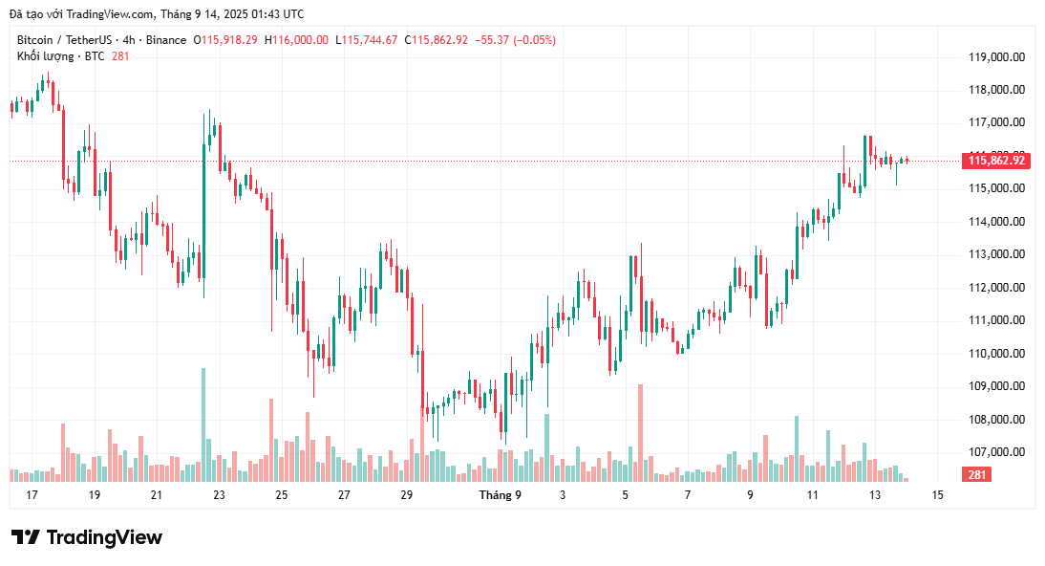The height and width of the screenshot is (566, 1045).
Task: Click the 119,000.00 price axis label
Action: pos(996,56)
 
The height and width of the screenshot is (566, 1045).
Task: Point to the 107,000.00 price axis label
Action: pos(996,452)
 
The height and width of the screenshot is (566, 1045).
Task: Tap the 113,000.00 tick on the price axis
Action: pos(996,254)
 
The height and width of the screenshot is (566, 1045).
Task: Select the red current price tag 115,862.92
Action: pos(996,161)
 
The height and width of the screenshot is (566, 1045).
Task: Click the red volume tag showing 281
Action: pos(976,475)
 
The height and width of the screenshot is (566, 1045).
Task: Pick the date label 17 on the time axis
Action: pos(32,495)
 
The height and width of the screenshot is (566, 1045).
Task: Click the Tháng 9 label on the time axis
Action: pos(500,495)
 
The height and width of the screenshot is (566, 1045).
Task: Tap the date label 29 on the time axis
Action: pos(406,495)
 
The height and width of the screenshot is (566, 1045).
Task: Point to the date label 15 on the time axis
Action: pos(937,495)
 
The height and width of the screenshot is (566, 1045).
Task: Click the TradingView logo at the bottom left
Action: pos(86,537)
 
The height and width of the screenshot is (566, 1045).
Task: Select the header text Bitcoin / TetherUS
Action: pos(64,40)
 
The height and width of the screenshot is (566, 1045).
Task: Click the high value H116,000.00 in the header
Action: pos(296,40)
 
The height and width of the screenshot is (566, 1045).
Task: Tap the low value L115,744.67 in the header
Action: pos(368,40)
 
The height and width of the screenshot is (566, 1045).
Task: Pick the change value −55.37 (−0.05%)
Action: pos(515,40)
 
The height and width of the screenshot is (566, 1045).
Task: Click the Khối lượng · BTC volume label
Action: pos(60,56)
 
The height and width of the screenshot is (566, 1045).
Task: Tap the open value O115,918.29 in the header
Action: pos(225,40)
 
